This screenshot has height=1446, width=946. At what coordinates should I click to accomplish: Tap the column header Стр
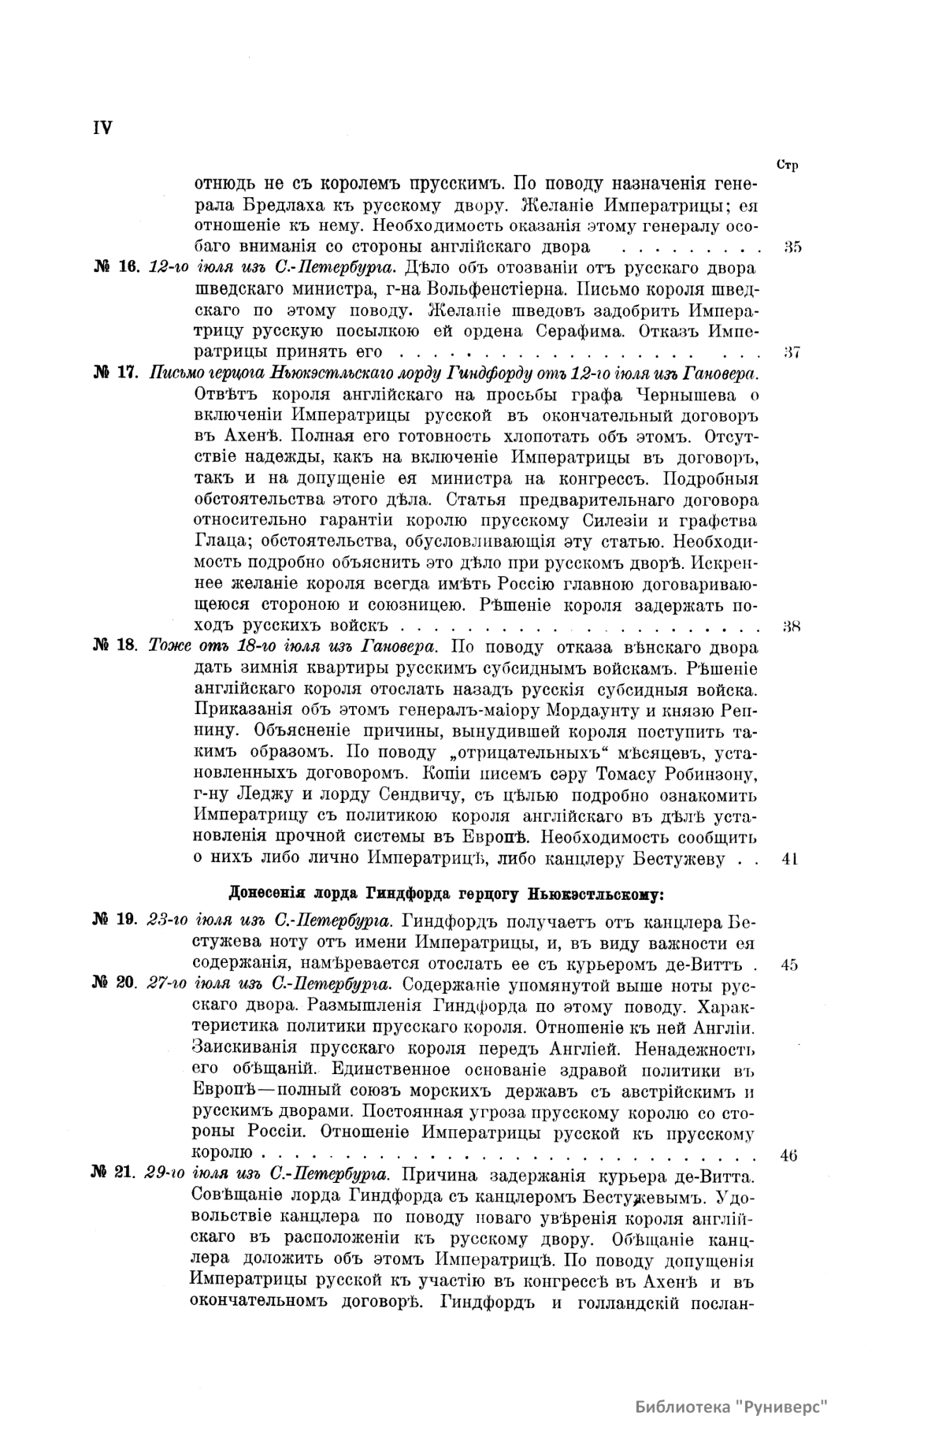pyautogui.click(x=787, y=165)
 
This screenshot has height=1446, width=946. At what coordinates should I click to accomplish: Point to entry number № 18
pyautogui.click(x=116, y=647)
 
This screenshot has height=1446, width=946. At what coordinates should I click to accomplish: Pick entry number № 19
pyautogui.click(x=116, y=920)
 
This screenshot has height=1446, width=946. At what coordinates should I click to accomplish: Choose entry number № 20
pyautogui.click(x=116, y=983)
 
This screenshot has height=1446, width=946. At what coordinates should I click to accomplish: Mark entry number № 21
pyautogui.click(x=115, y=1174)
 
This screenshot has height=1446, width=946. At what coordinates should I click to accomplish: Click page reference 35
pyautogui.click(x=792, y=247)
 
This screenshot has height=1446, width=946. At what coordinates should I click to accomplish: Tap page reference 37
pyautogui.click(x=792, y=351)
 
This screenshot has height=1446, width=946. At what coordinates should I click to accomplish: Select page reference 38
pyautogui.click(x=792, y=627)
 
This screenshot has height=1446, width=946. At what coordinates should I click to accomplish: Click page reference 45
pyautogui.click(x=791, y=964)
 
